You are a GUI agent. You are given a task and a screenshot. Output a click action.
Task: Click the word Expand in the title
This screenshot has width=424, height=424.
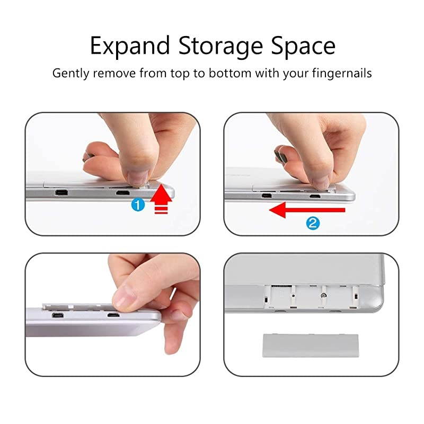(130, 47)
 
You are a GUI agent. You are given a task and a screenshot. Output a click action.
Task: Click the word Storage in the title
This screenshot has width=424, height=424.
(220, 47)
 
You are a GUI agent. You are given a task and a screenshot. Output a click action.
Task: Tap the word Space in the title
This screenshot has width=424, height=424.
(303, 47)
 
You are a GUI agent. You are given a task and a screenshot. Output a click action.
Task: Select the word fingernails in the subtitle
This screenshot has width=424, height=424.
(342, 73)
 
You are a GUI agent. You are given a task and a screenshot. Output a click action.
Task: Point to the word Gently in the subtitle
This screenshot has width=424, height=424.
(70, 73)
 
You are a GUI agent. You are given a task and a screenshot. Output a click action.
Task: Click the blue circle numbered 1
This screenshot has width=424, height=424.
(138, 205)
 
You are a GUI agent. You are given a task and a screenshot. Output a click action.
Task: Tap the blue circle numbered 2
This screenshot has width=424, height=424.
(313, 223)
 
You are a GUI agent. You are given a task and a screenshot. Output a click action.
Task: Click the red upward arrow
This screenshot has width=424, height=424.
(161, 199)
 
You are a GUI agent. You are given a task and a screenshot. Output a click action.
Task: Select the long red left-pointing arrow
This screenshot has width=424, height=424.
(307, 210)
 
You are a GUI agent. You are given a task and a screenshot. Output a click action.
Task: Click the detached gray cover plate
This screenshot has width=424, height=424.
(311, 346)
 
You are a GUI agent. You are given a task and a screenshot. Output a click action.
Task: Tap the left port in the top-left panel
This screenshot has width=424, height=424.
(61, 193)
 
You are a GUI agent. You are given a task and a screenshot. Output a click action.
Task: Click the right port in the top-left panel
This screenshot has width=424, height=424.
(122, 193)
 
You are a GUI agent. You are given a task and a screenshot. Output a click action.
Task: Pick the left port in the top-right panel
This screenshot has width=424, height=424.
(267, 195)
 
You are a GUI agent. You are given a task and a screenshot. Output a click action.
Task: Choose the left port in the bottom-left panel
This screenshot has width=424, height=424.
(58, 315)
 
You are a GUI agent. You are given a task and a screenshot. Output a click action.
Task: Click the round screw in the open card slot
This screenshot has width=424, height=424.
(323, 296)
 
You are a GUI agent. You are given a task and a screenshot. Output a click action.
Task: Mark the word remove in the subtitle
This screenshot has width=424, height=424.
(114, 73)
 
